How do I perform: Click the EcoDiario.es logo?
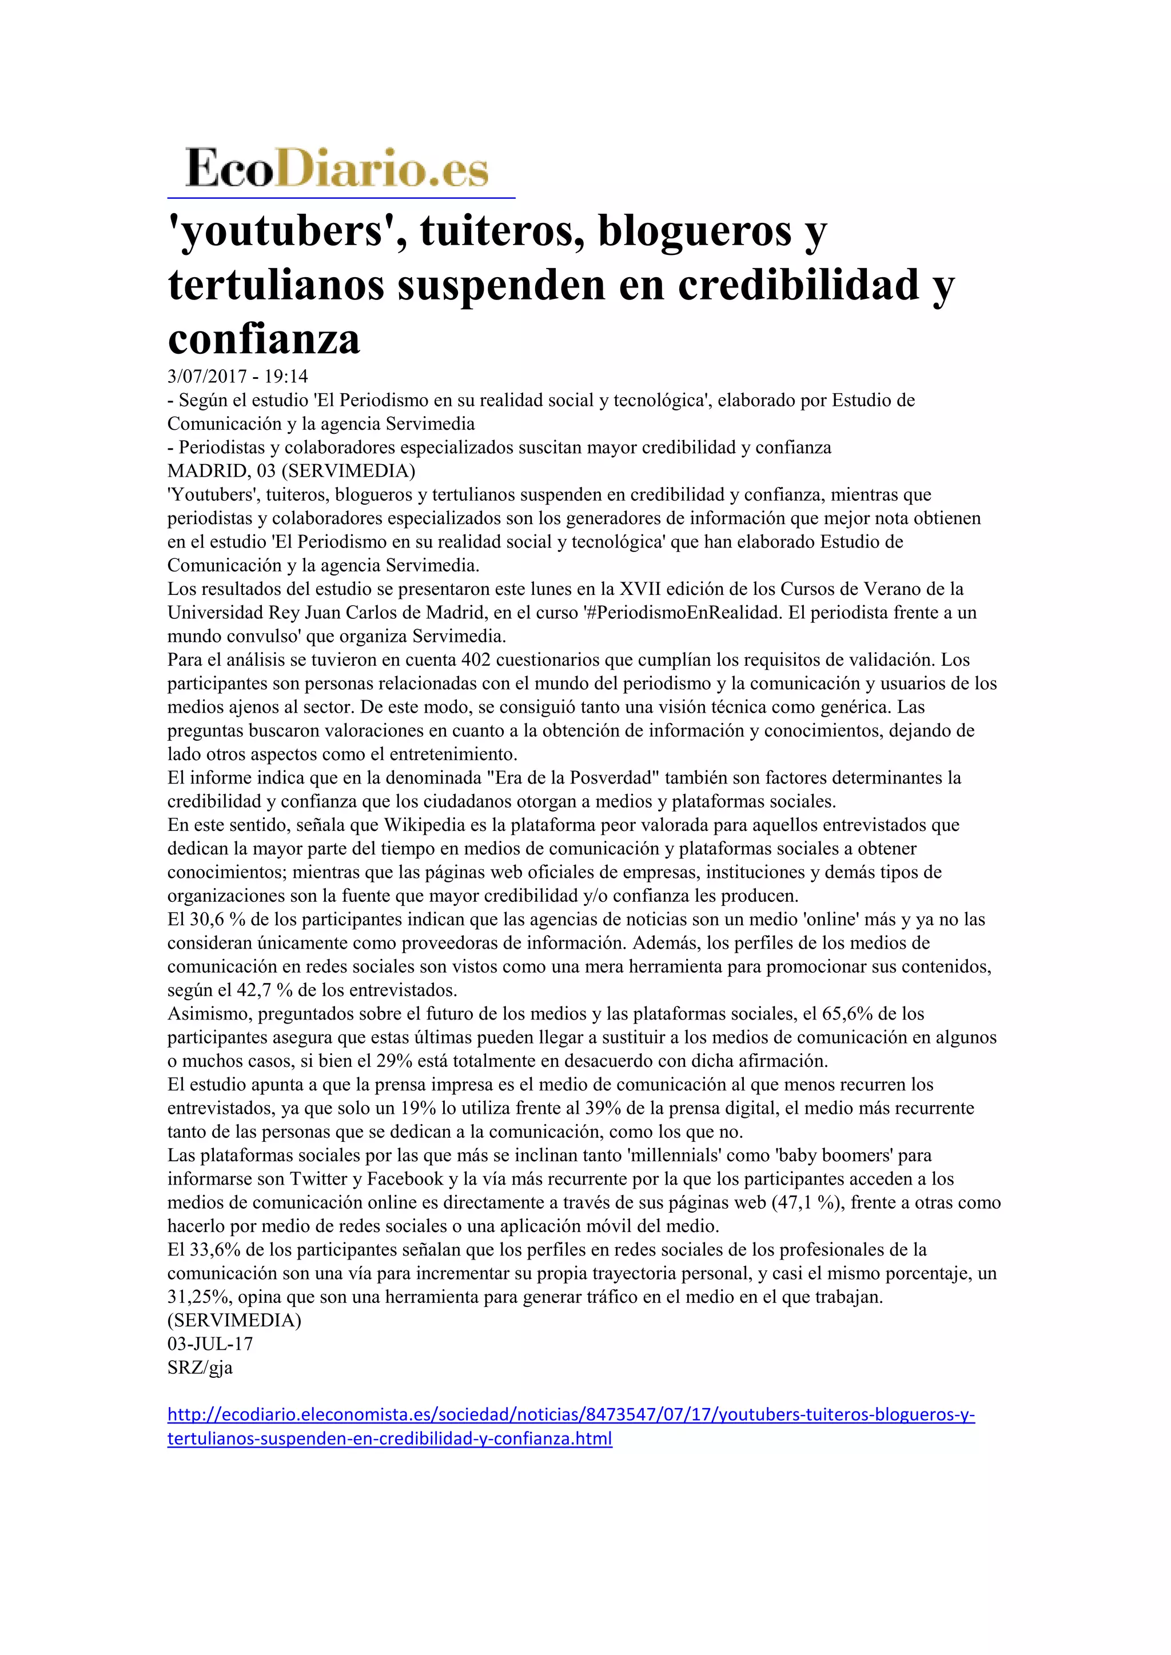coord(337,169)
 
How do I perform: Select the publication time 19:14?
coord(286,376)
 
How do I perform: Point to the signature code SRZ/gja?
coord(200,1368)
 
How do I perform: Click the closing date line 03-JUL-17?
coord(210,1344)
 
